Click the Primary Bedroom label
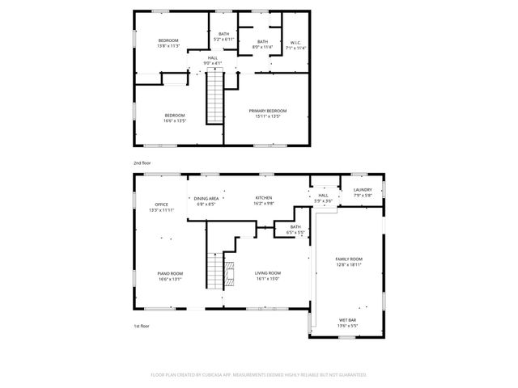267,113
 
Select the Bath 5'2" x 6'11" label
223,36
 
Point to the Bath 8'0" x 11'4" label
262,44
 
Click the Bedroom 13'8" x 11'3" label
168,43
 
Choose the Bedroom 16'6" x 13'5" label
175,117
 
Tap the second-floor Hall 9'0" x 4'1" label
212,60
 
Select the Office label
162,207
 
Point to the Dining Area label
206,200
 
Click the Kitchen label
264,200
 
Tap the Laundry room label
362,192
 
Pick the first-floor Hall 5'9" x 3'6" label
323,197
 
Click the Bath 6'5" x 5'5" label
295,230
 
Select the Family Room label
349,261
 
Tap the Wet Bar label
349,322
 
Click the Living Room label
266,276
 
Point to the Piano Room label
169,276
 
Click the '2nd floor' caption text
142,162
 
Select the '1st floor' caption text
142,326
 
